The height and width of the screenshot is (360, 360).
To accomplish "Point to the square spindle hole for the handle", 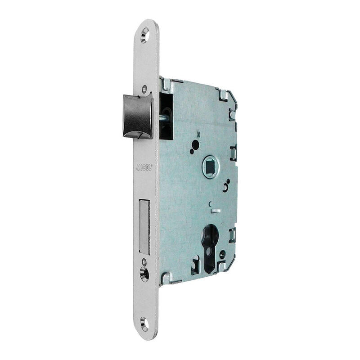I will [210, 166].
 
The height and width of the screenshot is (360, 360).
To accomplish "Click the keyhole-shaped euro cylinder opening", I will [210, 247].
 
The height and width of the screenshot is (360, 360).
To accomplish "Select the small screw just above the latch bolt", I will [144, 89].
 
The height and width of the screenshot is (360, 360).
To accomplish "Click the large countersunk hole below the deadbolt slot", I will [144, 274].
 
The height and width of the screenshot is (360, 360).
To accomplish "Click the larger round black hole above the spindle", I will [195, 144].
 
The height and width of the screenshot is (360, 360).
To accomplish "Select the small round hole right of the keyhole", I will [222, 255].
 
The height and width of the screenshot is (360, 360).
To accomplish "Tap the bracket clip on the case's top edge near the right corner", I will [223, 94].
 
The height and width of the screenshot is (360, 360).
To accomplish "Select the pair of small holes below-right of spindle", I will [226, 185].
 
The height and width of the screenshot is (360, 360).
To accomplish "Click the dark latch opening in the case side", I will [166, 116].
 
